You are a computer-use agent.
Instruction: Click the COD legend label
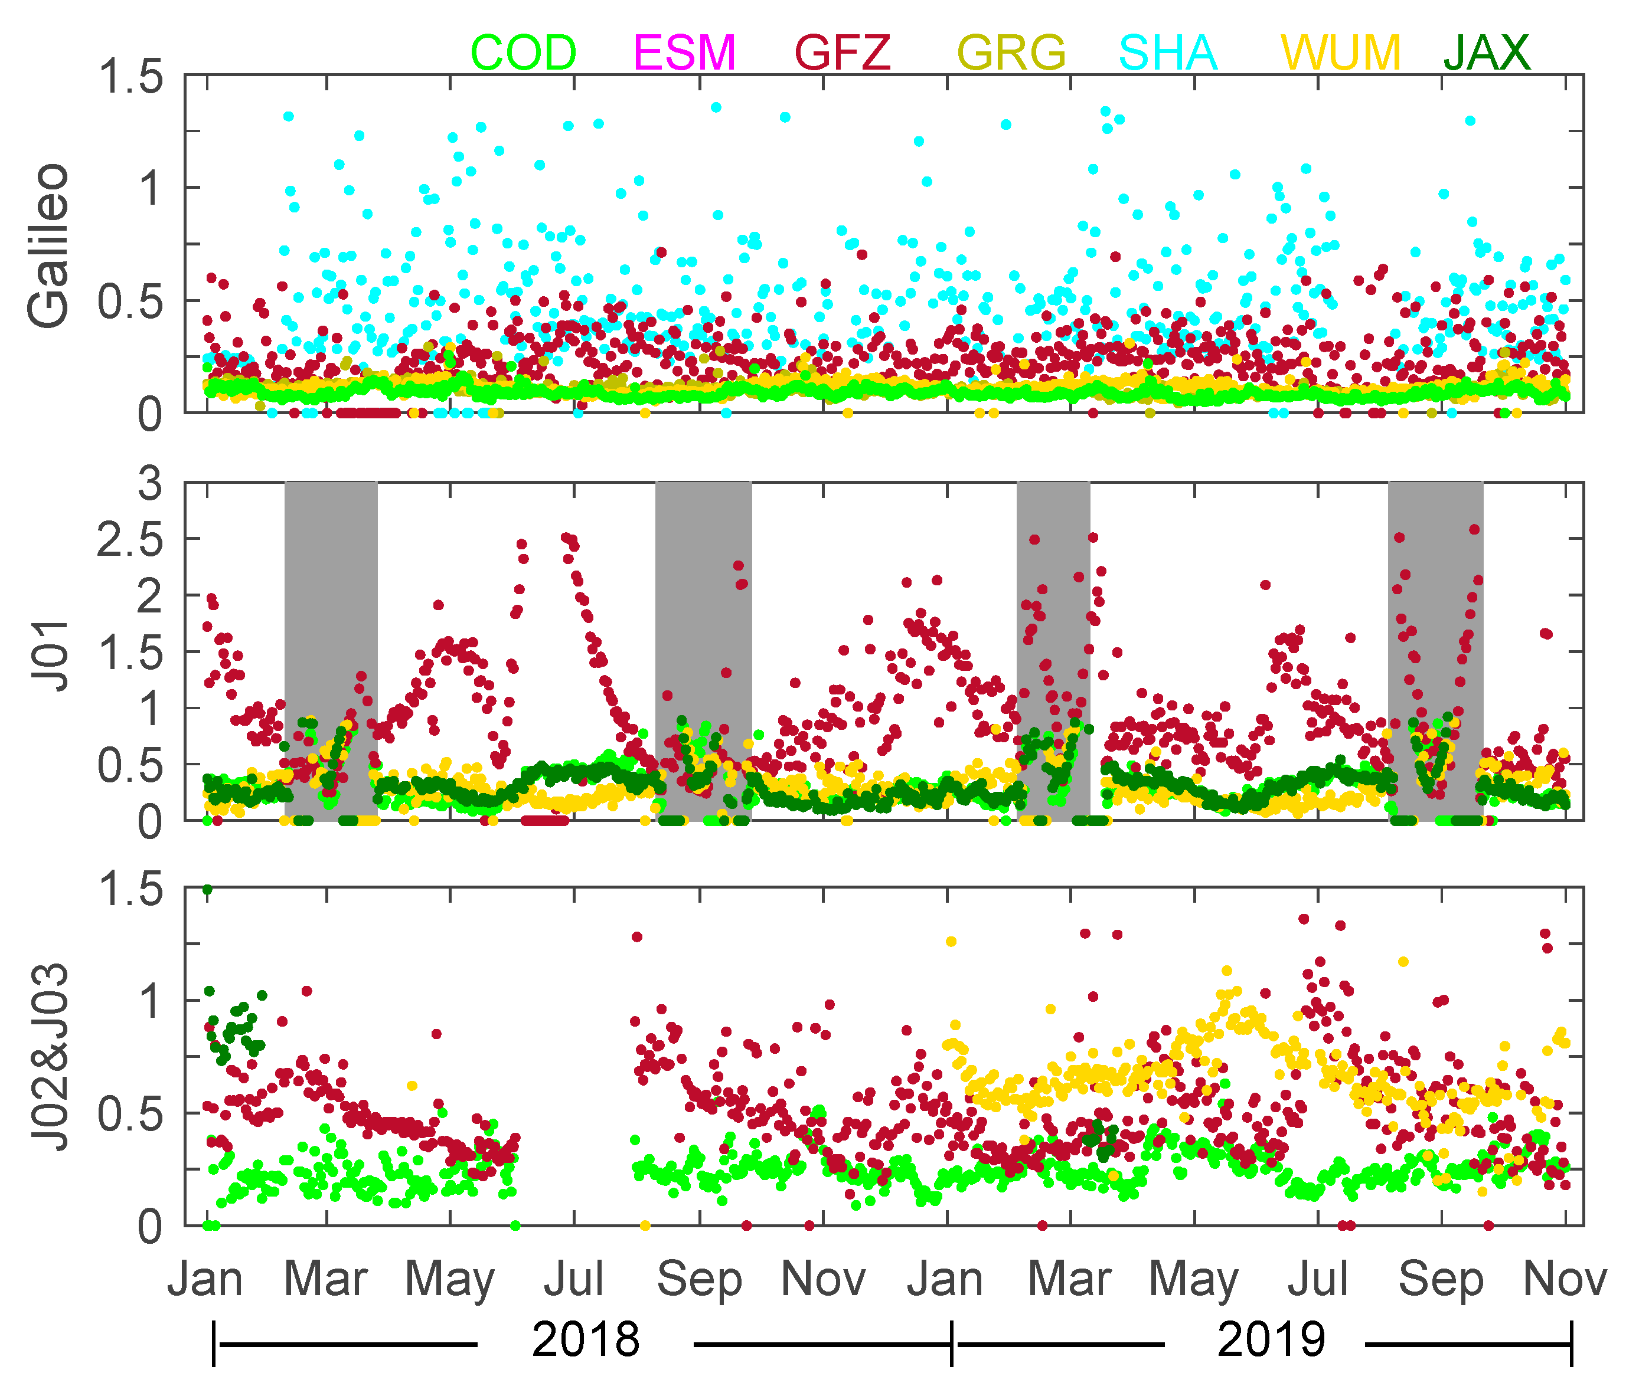tap(524, 53)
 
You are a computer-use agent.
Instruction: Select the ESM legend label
tap(684, 53)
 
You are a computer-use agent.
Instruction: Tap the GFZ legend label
tap(844, 53)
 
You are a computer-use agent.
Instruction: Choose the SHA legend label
tap(1168, 53)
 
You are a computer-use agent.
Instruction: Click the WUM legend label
tap(1340, 53)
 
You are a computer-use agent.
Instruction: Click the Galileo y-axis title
tap(48, 245)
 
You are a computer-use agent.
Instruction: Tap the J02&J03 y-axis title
tap(48, 1058)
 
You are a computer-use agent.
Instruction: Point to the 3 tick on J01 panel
tap(150, 484)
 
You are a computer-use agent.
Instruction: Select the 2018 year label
tap(586, 1339)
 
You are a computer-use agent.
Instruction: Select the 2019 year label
tap(1271, 1339)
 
